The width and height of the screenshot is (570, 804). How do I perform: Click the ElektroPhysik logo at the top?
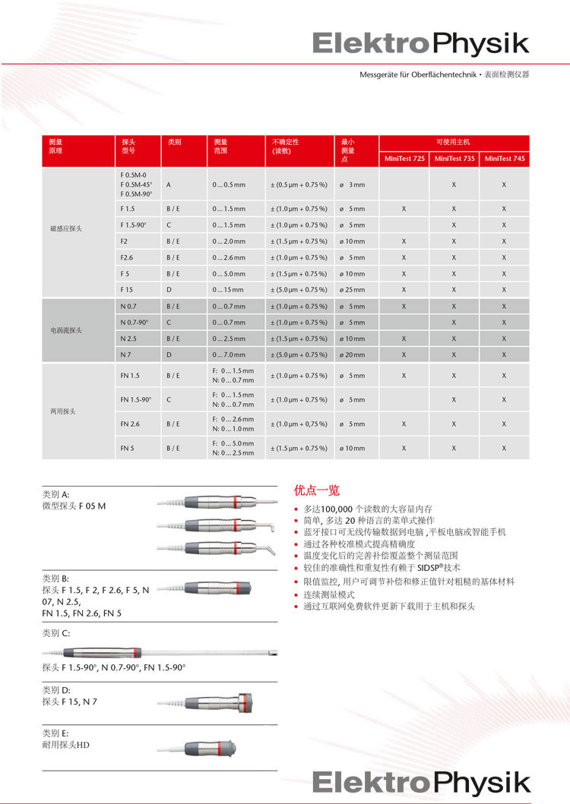coord(420,43)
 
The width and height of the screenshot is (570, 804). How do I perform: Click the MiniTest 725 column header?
coord(404,159)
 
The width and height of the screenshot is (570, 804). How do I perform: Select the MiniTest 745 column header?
coord(504,159)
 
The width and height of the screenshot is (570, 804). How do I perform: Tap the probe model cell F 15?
coord(127,289)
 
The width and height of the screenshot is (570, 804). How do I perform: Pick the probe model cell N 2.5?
coord(128,338)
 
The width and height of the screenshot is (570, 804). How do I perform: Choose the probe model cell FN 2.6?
coord(130,424)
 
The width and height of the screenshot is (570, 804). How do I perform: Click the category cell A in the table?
coord(169,184)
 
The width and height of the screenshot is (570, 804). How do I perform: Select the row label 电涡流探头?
coord(66,330)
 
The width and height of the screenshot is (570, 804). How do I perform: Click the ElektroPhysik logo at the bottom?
coord(420,781)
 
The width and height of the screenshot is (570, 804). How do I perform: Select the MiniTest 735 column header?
coord(454,159)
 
